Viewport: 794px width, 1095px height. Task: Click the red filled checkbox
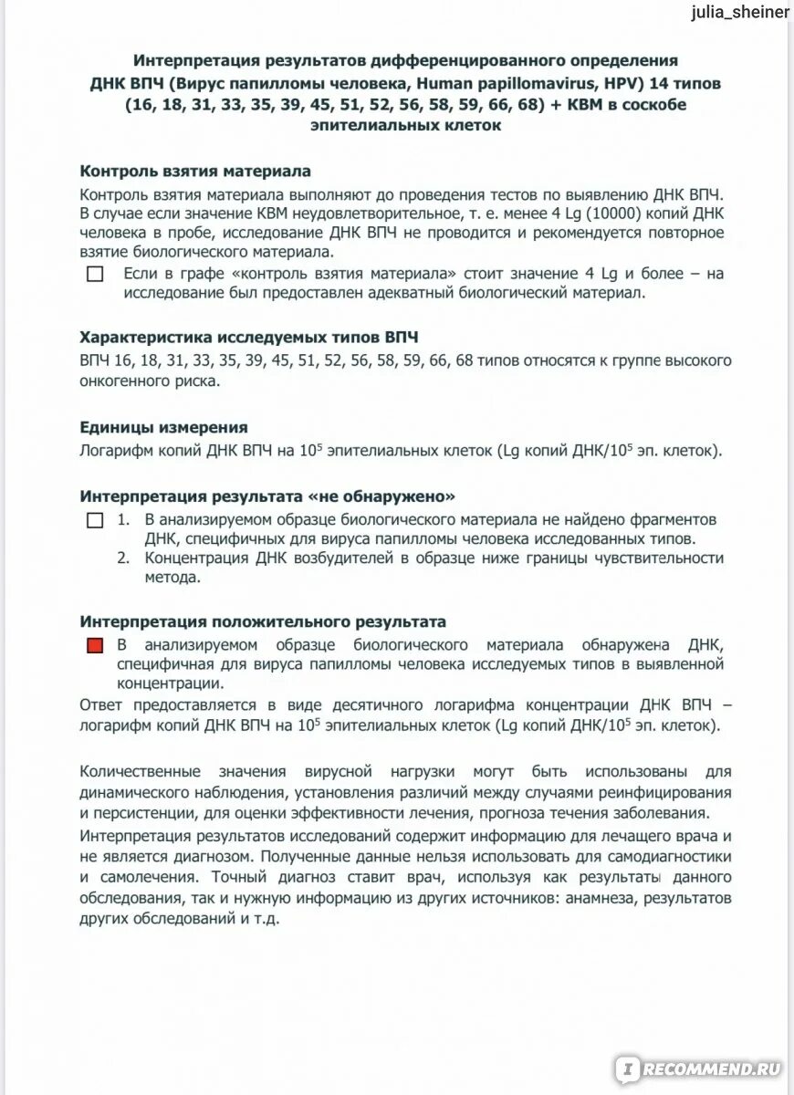click(x=95, y=646)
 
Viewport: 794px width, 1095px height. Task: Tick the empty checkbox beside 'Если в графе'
click(x=95, y=274)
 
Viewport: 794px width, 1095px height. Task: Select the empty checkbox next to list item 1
click(x=95, y=521)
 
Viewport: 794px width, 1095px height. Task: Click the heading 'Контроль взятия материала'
click(x=195, y=171)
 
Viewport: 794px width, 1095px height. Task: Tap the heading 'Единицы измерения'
click(x=163, y=427)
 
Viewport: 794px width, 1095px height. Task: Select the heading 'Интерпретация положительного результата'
click(x=263, y=621)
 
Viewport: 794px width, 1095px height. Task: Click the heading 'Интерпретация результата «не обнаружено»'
click(x=267, y=496)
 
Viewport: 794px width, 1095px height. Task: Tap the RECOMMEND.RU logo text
click(x=711, y=1067)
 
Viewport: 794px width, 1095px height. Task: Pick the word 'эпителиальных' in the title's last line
click(x=372, y=126)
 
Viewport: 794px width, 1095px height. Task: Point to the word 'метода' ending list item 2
click(x=169, y=579)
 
